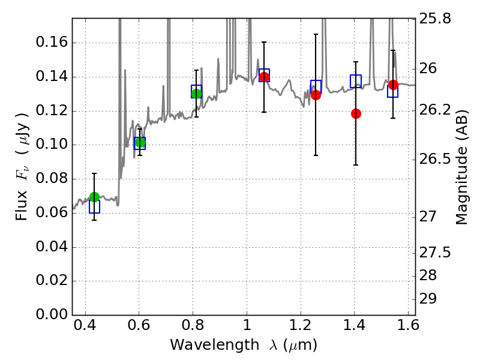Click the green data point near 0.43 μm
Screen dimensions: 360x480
pos(94,197)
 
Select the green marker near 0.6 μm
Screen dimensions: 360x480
pos(140,143)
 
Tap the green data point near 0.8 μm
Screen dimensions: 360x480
pos(196,93)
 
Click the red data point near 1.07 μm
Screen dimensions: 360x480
pos(264,77)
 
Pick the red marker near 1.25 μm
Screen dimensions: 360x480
pos(316,95)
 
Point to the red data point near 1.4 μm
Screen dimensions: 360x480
pos(356,113)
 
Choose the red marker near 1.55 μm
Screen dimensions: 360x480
pos(393,85)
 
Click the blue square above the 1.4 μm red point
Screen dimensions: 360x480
pos(356,81)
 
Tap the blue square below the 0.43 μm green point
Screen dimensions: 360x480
pos(94,207)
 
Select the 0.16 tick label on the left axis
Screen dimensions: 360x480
pos(50,43)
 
